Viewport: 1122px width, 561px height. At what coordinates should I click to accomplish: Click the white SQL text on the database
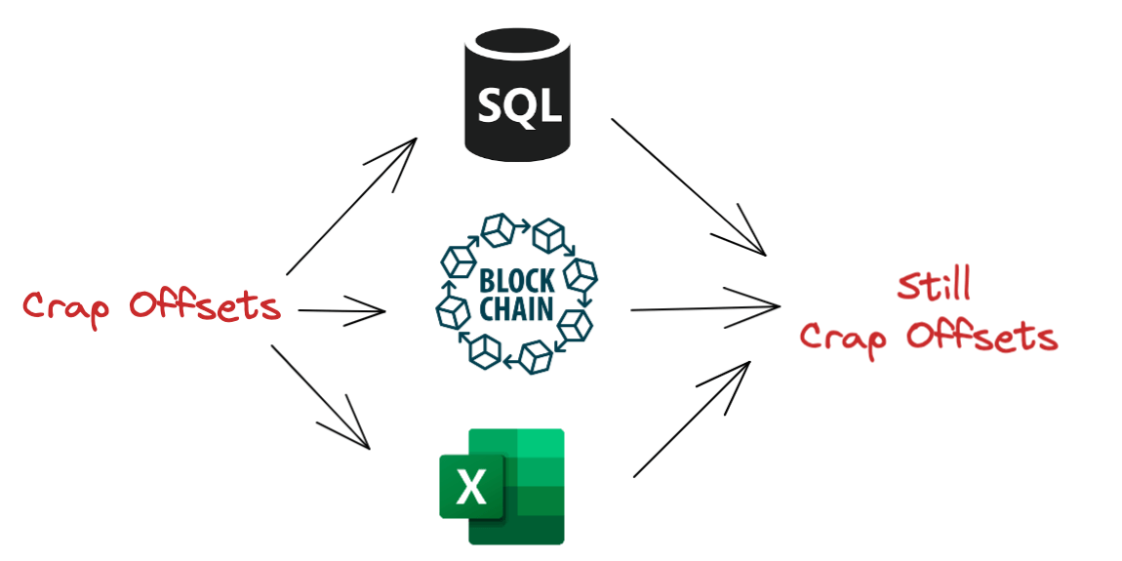(520, 104)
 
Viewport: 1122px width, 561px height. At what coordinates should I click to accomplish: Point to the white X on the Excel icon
(470, 485)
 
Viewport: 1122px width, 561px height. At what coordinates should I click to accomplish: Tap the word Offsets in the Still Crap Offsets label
(981, 337)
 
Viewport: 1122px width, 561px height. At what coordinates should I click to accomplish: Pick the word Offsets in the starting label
(206, 305)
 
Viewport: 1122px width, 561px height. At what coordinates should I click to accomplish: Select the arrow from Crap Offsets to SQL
(351, 207)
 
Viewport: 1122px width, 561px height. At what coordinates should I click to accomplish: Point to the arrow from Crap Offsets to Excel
(322, 397)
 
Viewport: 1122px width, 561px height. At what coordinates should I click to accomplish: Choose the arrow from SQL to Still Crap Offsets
(688, 186)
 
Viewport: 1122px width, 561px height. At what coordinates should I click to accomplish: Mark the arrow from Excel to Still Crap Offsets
(693, 419)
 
